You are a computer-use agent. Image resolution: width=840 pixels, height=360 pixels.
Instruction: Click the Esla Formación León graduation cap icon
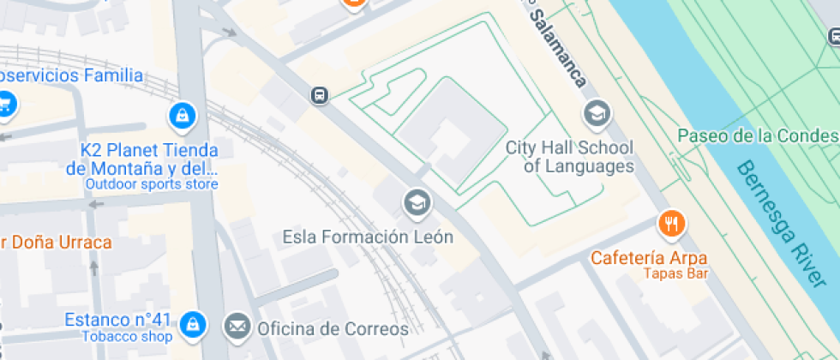tap(417, 203)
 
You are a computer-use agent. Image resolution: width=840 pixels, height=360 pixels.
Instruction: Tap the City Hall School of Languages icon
tap(596, 113)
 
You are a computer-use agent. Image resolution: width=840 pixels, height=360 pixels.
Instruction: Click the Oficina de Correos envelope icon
tap(237, 327)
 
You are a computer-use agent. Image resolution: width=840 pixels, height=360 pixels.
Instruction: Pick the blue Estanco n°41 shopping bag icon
tap(195, 323)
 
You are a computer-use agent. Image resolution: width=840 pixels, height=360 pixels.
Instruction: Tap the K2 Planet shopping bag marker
tap(182, 114)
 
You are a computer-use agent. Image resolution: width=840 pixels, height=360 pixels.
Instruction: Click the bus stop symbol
tap(320, 95)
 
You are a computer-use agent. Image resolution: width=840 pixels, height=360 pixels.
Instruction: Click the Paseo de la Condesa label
tap(758, 136)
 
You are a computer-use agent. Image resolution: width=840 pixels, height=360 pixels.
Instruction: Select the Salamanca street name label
tap(557, 49)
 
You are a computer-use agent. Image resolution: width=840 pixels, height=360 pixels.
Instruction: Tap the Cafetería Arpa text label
tap(649, 258)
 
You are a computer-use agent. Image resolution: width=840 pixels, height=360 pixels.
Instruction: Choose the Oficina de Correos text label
tap(333, 327)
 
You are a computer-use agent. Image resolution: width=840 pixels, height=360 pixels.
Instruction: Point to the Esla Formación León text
tap(368, 237)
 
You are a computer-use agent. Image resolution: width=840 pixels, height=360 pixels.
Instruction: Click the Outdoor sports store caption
tap(151, 184)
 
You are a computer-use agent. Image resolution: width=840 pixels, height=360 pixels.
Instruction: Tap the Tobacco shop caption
tap(127, 336)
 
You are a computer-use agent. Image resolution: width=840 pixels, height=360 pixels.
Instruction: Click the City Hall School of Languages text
tap(569, 157)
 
